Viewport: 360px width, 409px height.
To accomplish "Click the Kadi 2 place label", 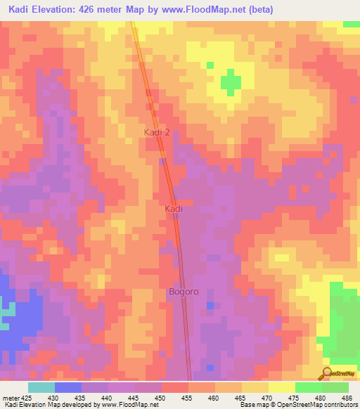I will (157, 132).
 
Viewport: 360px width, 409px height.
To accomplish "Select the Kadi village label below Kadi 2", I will (174, 209).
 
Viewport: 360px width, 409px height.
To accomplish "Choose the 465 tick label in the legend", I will (241, 398).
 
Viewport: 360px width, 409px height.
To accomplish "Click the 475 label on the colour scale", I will (295, 398).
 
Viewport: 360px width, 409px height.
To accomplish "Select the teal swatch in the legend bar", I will (41, 387).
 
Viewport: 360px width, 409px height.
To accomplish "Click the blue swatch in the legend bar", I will (68, 387).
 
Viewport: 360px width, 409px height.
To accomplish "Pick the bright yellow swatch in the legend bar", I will (281, 387).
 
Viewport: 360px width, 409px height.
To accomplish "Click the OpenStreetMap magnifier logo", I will (326, 372).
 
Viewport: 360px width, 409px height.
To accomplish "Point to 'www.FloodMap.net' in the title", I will (212, 10).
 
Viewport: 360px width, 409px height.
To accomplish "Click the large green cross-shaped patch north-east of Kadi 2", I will (230, 82).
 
